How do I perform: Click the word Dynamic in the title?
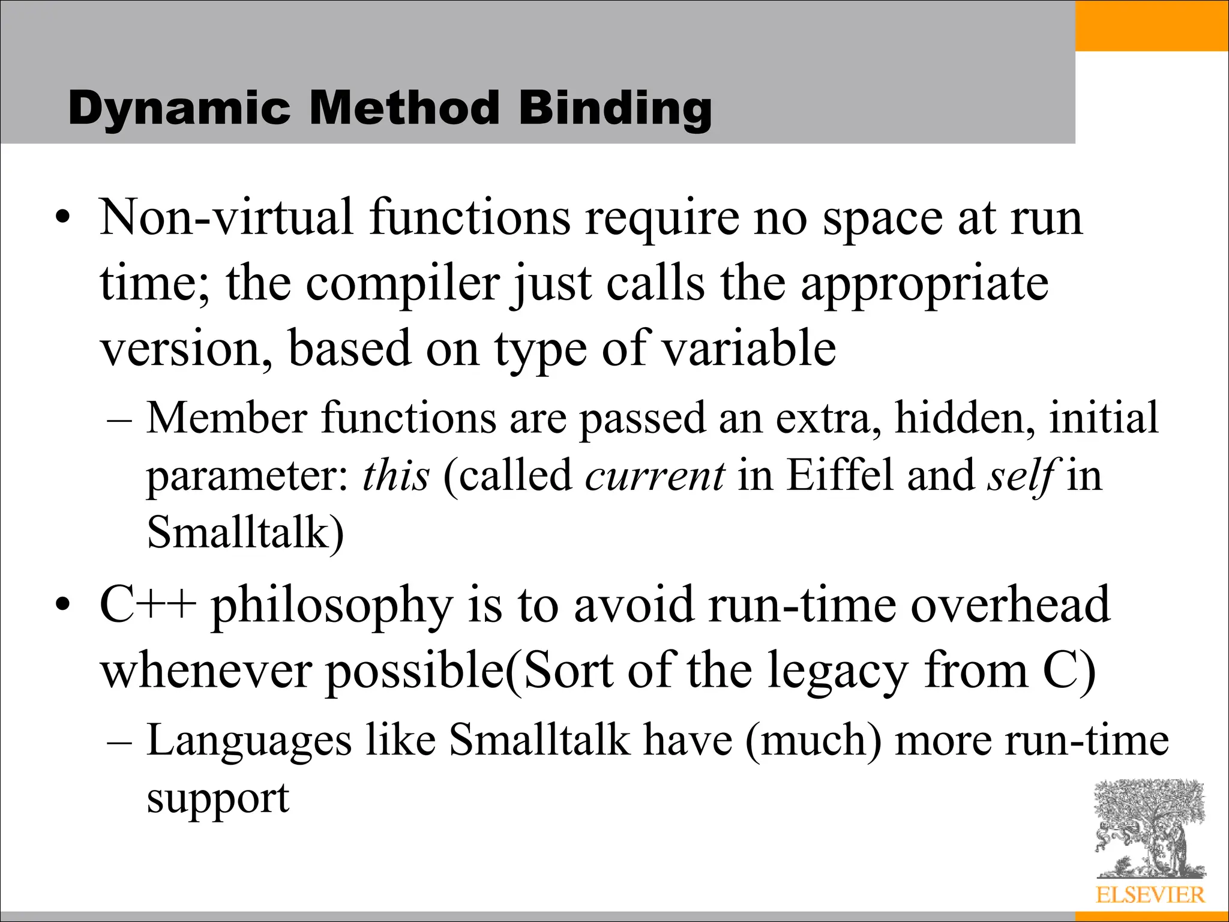coord(179,109)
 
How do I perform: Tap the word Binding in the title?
coord(615,109)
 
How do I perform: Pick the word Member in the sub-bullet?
coord(227,418)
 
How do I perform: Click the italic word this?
coord(396,475)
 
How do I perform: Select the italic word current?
coord(655,475)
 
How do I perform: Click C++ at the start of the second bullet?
coord(148,605)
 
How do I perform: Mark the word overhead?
coord(1011,605)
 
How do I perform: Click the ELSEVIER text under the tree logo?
coord(1150,895)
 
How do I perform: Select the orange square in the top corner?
coord(1152,25)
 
